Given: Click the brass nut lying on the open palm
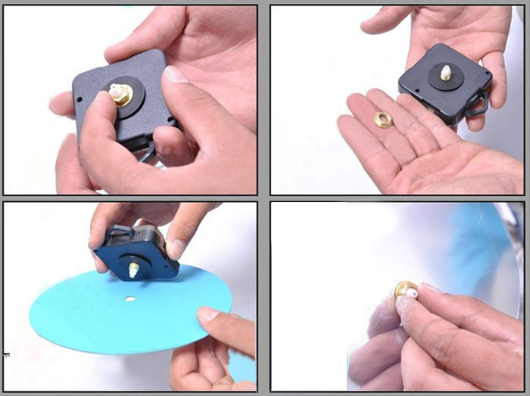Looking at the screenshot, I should tap(383, 120).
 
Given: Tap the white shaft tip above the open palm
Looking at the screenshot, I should tap(446, 73).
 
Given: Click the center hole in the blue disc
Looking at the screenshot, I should tap(130, 299).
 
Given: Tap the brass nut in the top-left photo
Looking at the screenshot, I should tap(119, 95).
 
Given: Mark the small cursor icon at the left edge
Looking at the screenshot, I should tap(6, 353).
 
